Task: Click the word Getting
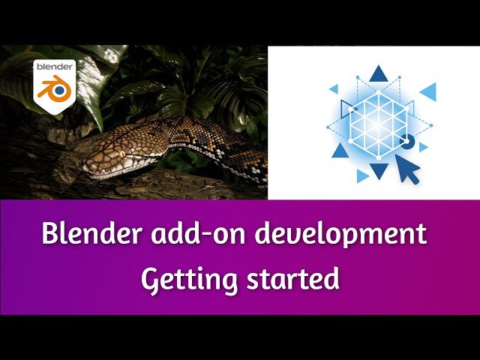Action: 187,279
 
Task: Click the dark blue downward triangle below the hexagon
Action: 380,170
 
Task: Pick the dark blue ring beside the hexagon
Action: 406,140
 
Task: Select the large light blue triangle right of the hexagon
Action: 429,91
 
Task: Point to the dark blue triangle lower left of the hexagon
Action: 340,151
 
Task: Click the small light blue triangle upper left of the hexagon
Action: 334,88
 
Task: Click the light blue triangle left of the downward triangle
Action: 363,175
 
